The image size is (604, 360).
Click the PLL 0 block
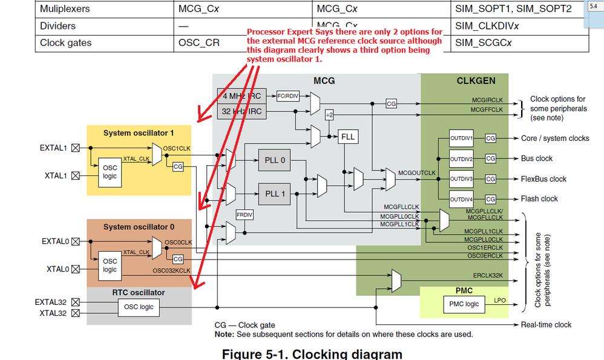click(274, 160)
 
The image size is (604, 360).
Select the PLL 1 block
click(274, 194)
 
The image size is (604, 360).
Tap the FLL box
click(347, 137)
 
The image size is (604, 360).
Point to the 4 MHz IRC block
click(241, 96)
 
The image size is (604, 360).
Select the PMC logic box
click(464, 303)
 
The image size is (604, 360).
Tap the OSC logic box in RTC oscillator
click(139, 307)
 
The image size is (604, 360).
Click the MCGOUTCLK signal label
click(416, 173)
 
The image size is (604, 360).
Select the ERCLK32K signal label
click(488, 276)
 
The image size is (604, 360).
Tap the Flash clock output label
click(540, 198)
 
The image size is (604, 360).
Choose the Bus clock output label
click(537, 159)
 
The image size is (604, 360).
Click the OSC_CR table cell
click(199, 43)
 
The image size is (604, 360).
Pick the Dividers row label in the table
click(58, 26)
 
